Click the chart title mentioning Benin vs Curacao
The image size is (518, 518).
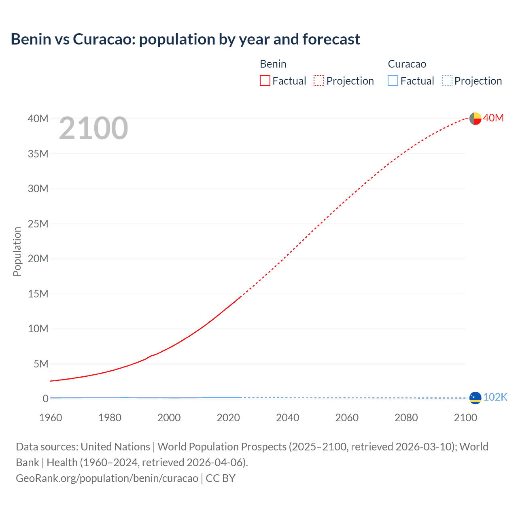[185, 39]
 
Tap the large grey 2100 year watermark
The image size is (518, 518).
[93, 128]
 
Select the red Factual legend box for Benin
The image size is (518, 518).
[265, 81]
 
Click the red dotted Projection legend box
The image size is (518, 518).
[318, 81]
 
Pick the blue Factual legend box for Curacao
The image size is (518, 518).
[393, 81]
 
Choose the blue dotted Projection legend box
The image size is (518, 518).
[447, 81]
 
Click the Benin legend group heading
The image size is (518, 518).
[273, 64]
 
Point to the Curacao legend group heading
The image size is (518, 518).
[407, 64]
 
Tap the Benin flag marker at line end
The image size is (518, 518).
[475, 119]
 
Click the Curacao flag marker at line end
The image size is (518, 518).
[475, 398]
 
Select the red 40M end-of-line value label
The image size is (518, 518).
[493, 118]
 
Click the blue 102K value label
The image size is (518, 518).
[495, 397]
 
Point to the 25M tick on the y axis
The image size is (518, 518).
[38, 224]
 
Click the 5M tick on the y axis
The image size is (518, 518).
[40, 364]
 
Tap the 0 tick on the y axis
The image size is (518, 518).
[45, 399]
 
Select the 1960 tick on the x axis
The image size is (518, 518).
[51, 418]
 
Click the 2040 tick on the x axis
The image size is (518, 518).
[287, 418]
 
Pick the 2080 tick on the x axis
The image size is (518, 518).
[406, 418]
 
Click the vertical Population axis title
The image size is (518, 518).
[17, 251]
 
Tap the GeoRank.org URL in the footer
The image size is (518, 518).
[107, 478]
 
